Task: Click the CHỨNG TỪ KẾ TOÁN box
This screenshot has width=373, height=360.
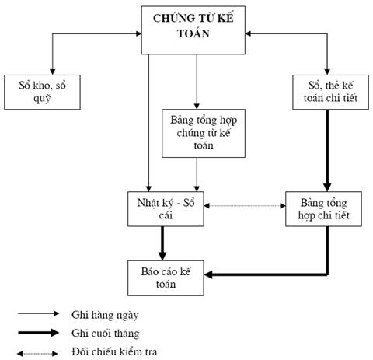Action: point(193,30)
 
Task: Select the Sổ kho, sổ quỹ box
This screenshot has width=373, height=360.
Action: point(42,92)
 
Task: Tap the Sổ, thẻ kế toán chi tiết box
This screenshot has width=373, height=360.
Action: point(330,92)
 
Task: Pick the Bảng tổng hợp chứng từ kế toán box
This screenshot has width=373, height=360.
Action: point(204,133)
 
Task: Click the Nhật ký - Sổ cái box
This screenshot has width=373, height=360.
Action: point(166,209)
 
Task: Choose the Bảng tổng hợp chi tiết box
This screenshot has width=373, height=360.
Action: point(323,209)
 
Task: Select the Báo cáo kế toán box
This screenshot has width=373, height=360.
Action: point(166,278)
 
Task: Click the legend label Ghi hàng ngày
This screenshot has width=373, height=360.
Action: point(105,316)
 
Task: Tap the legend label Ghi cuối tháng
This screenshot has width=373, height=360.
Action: point(106,333)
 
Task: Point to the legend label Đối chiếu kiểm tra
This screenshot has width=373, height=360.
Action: point(114,351)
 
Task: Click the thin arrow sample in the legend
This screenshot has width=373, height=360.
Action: point(38,313)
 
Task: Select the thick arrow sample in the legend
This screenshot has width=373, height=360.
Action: point(38,333)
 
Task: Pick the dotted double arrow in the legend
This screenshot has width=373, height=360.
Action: point(37,354)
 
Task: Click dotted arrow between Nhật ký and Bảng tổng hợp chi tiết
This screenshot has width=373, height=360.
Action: point(245,206)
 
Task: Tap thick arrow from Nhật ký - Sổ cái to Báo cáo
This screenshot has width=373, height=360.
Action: point(162,243)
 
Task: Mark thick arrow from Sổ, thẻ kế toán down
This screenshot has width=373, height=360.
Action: point(327,151)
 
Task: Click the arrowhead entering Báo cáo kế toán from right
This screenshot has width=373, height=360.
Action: point(208,274)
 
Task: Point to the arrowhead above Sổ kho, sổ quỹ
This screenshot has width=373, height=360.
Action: point(53,72)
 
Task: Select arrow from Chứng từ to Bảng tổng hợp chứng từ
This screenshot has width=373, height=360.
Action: point(197,82)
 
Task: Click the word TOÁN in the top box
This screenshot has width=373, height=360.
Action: point(193,33)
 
